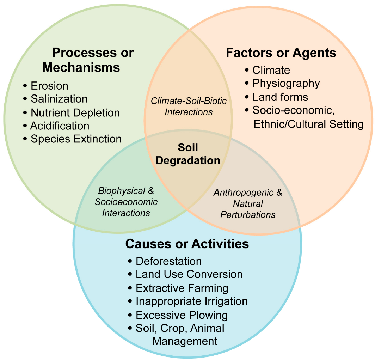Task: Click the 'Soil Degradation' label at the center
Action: click(188, 154)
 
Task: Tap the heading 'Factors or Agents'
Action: click(281, 53)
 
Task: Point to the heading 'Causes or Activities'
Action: click(187, 244)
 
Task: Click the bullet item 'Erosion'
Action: click(49, 86)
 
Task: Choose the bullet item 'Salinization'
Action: click(59, 99)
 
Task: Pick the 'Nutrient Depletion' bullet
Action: click(75, 113)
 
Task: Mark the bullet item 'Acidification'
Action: click(60, 126)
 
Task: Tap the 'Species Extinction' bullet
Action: click(76, 139)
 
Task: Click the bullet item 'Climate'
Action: click(271, 70)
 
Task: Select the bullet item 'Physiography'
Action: click(286, 83)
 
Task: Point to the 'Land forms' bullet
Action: click(280, 97)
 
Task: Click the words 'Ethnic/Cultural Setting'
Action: click(308, 124)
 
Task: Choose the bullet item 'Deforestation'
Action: click(168, 261)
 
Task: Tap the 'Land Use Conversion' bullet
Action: click(189, 274)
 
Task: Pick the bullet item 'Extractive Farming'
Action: click(182, 288)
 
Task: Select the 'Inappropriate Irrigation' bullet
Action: click(191, 301)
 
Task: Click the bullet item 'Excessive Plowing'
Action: click(182, 315)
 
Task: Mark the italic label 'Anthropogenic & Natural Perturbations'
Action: click(248, 203)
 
